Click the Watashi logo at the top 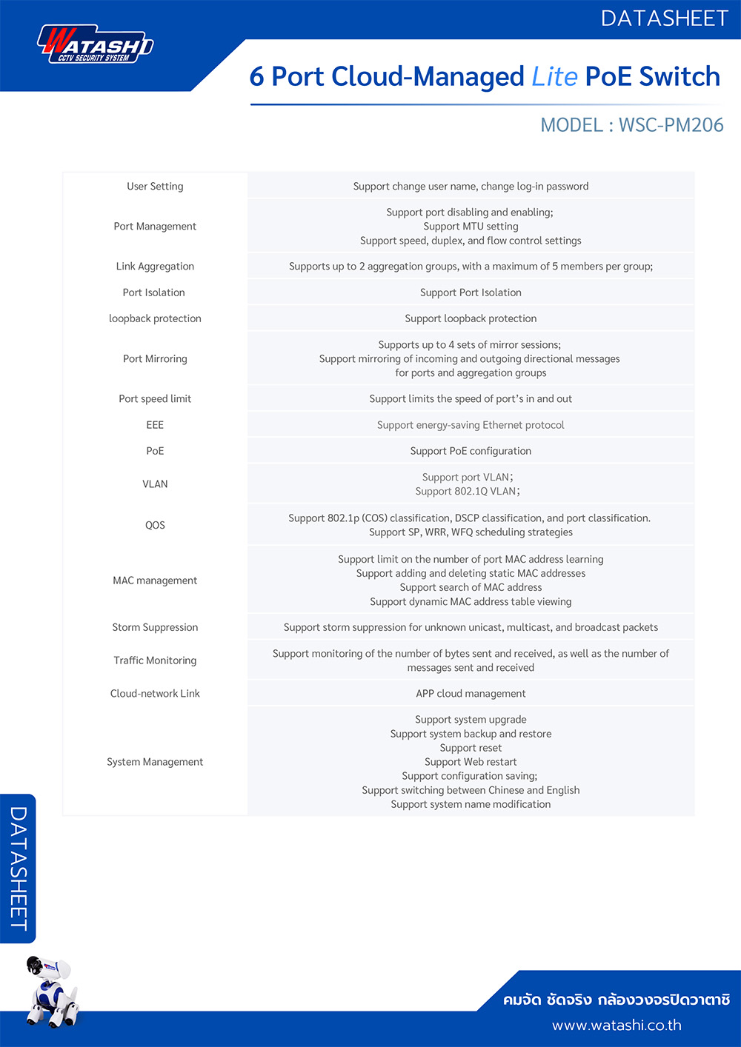(x=95, y=45)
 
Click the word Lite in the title (x=554, y=76)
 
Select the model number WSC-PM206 (x=671, y=124)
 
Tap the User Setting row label (x=155, y=187)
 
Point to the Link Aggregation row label (x=155, y=267)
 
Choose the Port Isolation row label (x=154, y=292)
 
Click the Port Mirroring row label (x=155, y=359)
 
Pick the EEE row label (x=155, y=425)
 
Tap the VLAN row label (x=155, y=484)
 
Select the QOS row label (x=155, y=525)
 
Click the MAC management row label (x=155, y=581)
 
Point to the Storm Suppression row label (x=155, y=627)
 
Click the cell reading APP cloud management (x=471, y=694)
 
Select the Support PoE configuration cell (x=471, y=451)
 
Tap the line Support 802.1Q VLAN (x=467, y=492)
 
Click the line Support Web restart (x=471, y=762)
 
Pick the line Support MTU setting (x=471, y=227)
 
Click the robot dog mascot (x=50, y=991)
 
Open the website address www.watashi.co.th (x=617, y=1026)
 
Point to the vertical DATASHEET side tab (x=19, y=869)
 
